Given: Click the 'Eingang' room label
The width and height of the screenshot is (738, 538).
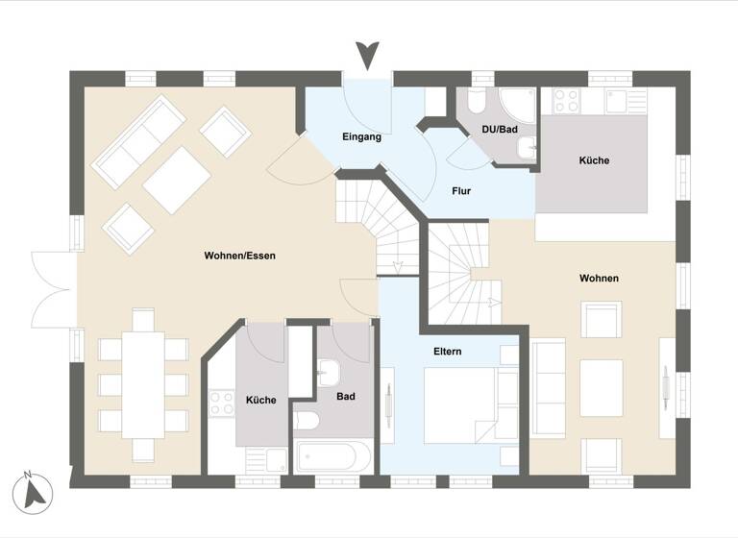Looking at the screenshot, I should pos(361,137).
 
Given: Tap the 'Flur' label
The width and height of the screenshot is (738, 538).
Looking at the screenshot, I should pos(461,191).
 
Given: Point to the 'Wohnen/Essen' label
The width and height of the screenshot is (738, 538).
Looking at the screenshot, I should pos(239,256).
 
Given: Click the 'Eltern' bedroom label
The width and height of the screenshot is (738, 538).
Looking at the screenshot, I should pos(447,352).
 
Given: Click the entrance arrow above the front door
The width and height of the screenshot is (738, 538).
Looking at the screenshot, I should pos(367,55).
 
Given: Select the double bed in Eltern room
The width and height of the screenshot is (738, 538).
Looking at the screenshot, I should pos(461,404).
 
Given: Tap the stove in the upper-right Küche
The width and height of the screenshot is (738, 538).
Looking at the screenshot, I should pos(567,100).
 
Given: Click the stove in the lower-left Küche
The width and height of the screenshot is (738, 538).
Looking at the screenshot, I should pos(222,403).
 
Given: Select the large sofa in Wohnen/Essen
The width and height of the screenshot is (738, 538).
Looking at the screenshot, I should pos(138,141).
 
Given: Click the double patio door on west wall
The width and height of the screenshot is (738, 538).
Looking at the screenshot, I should pos(54,288).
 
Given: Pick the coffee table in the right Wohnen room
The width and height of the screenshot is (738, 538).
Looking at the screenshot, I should pos(602,388).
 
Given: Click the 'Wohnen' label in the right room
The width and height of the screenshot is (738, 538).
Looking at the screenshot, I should pos(599,278).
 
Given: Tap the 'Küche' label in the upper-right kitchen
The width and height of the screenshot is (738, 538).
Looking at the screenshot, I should pos(594,160).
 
